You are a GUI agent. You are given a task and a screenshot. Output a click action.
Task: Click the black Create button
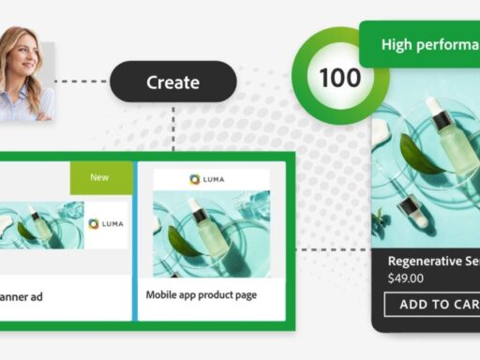point(173,82)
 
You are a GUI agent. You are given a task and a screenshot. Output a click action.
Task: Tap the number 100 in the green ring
point(338,77)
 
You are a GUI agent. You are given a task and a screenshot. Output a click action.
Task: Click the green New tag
point(99,177)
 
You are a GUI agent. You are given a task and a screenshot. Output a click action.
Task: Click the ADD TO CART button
point(432,305)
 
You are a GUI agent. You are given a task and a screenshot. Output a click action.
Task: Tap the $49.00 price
point(406,278)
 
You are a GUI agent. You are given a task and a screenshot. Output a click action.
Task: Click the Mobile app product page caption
point(202,294)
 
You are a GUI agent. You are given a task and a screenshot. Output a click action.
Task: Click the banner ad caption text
point(22,297)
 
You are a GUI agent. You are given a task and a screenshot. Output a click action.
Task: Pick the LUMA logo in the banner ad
point(106,224)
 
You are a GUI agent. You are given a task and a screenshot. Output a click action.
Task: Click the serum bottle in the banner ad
point(35,224)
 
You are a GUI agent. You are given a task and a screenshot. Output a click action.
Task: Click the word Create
point(173,82)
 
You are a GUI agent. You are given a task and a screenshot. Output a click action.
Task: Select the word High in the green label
point(399,45)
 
